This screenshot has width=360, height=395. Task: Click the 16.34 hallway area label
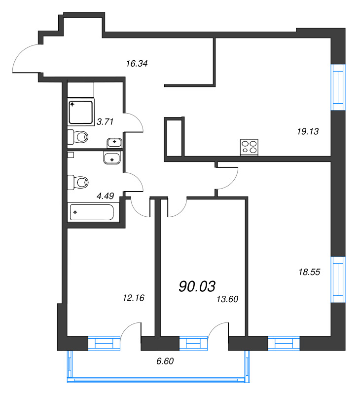click(x=137, y=64)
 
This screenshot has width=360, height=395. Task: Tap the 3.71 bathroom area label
click(x=105, y=122)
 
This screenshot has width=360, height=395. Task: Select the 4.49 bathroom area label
click(x=105, y=196)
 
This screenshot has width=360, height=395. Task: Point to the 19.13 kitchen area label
click(x=308, y=131)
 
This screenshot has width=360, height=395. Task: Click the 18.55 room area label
click(x=309, y=272)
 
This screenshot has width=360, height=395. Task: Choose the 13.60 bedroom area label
click(x=227, y=299)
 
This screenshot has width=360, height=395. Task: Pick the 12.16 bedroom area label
click(x=134, y=298)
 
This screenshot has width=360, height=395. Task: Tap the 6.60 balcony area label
click(x=165, y=361)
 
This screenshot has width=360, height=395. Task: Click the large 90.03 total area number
click(x=197, y=286)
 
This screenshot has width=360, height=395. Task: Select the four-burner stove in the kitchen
click(x=250, y=147)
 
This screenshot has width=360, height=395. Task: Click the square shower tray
click(x=81, y=113)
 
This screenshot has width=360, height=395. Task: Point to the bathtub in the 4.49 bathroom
click(x=92, y=212)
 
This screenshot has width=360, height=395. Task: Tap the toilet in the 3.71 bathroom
click(x=78, y=137)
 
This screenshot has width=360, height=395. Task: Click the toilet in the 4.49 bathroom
click(x=78, y=182)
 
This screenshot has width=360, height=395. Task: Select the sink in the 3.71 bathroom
click(x=114, y=143)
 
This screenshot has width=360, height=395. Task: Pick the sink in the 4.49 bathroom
click(x=112, y=158)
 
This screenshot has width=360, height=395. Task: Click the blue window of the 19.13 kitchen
click(x=338, y=87)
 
